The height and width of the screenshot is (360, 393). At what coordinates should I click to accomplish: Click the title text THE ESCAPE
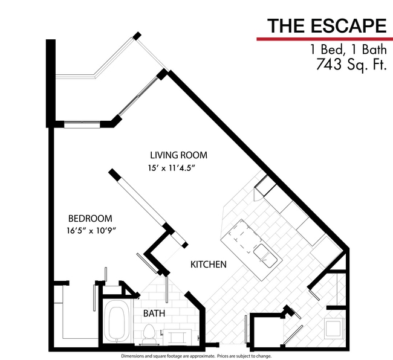pyautogui.click(x=326, y=25)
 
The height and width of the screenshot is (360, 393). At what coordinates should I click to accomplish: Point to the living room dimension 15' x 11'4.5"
pyautogui.click(x=172, y=168)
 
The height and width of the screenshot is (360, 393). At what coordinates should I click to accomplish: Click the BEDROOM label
pyautogui.click(x=89, y=218)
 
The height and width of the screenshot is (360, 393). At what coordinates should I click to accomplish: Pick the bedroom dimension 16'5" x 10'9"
pyautogui.click(x=91, y=230)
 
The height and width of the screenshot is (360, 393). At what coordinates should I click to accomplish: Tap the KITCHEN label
pyautogui.click(x=209, y=265)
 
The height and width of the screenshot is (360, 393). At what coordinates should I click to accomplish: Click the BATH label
pyautogui.click(x=153, y=313)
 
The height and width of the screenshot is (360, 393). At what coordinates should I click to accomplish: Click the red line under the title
pyautogui.click(x=325, y=39)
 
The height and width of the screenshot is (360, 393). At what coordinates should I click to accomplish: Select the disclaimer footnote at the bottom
pyautogui.click(x=197, y=356)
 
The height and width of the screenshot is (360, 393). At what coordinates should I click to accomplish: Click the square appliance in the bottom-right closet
pyautogui.click(x=333, y=328)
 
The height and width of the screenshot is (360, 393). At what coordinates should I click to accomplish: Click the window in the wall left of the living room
pyautogui.click(x=82, y=125)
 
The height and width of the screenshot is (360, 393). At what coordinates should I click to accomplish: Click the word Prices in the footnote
pyautogui.click(x=234, y=356)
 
